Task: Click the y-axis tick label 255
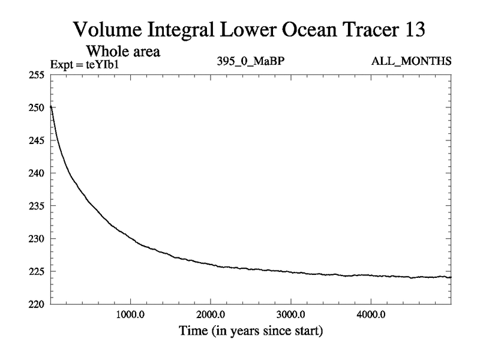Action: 37,75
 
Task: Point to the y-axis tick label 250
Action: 37,108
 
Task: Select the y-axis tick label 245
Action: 37,140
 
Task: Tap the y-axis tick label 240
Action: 37,173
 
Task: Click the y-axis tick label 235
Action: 37,206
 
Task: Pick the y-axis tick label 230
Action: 37,239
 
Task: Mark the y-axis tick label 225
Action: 37,271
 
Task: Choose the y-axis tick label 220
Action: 37,304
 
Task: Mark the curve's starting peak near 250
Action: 51,107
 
